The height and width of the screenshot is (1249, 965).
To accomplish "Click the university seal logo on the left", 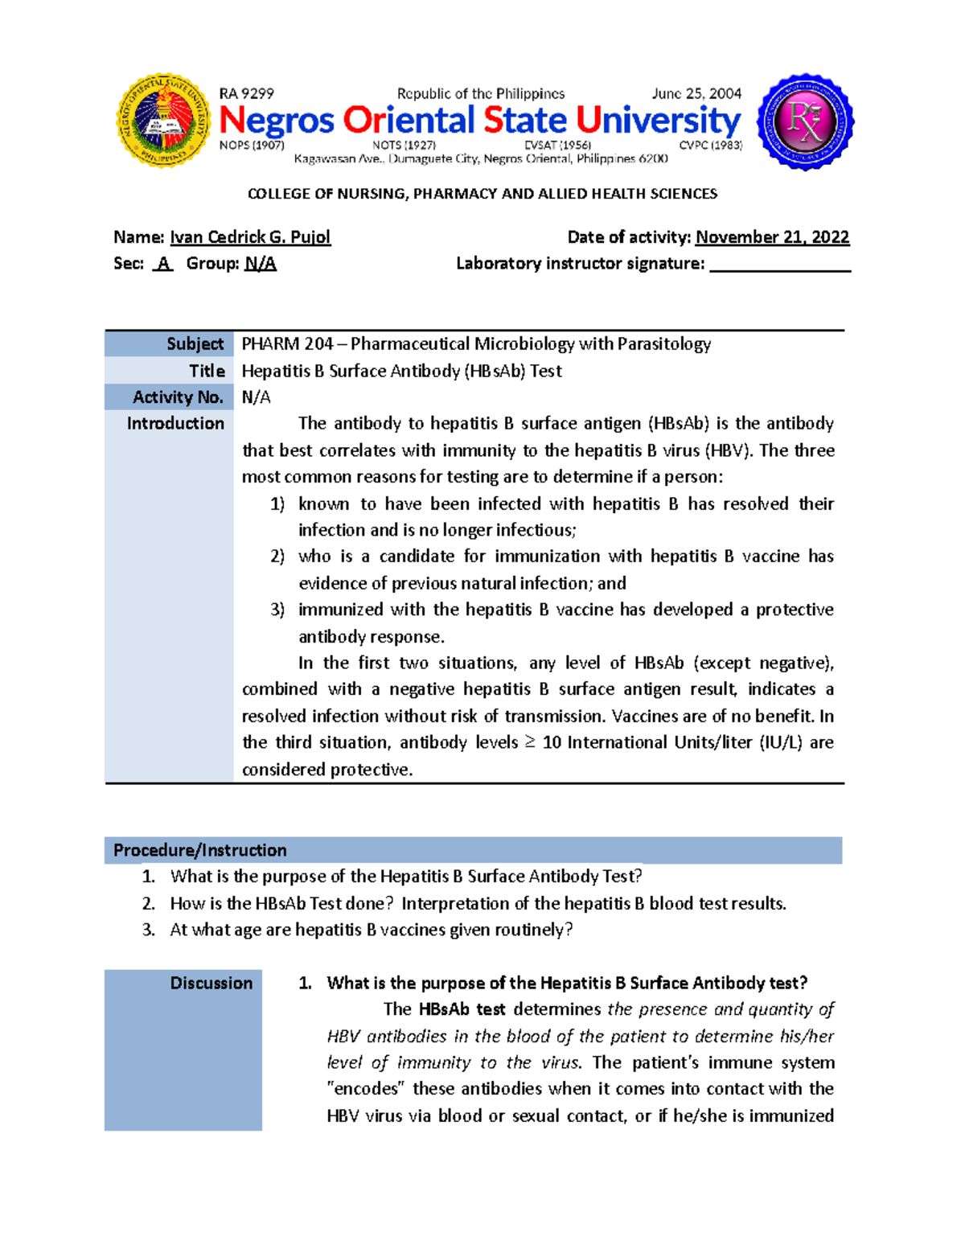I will click(x=163, y=121).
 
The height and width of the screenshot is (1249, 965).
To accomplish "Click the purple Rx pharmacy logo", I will click(x=806, y=121).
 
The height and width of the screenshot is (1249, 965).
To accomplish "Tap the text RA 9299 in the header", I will click(x=246, y=94).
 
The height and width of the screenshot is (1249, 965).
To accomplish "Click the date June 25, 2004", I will click(x=696, y=94).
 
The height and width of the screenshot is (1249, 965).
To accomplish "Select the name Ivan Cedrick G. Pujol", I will click(x=250, y=237).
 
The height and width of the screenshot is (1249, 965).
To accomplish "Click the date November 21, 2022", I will click(x=772, y=237).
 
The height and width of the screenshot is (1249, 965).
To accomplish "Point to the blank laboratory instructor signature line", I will click(x=779, y=265).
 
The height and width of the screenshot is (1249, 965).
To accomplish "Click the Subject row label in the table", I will click(x=195, y=344).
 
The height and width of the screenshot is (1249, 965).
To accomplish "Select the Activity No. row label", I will click(x=178, y=397).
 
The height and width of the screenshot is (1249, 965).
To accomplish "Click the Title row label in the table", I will click(x=207, y=371).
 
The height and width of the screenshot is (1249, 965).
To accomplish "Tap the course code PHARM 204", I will click(x=287, y=344).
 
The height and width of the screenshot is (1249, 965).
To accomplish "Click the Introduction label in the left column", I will click(x=175, y=424).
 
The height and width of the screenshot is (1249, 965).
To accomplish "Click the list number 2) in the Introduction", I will click(x=277, y=557).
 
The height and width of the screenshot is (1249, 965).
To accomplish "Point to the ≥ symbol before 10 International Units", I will click(x=530, y=742).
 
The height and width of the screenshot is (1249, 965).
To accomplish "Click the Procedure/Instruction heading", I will click(x=199, y=850).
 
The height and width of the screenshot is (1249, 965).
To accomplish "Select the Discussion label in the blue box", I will click(x=211, y=983).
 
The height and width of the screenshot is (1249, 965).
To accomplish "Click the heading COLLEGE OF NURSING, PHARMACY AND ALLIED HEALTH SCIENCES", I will click(x=482, y=194).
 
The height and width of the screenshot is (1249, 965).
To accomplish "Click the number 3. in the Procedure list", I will click(x=148, y=930).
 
